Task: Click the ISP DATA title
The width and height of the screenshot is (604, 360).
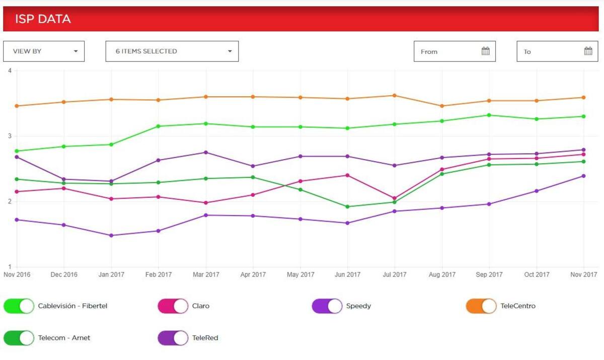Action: coord(43,19)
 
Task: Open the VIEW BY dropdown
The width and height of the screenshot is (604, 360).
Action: coord(44,51)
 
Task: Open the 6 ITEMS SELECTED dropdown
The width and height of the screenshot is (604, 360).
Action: coord(172,51)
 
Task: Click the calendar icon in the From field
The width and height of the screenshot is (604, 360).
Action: coord(485,51)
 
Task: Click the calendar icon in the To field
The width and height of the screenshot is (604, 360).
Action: coord(588,51)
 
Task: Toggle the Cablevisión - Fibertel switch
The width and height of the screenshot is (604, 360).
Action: coord(19,306)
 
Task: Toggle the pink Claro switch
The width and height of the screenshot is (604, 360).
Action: coord(173,306)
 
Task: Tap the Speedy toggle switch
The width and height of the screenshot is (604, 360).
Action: coord(327,306)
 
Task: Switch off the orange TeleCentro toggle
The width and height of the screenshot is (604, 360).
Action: coord(481,306)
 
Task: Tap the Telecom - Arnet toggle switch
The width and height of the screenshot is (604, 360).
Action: coord(19,338)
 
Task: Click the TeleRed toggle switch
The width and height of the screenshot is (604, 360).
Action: coord(173,338)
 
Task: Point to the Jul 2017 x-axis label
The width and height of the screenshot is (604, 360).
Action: coord(395,275)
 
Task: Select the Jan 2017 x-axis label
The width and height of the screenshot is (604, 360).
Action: coord(111,275)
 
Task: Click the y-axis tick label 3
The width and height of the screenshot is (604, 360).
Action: coord(10,136)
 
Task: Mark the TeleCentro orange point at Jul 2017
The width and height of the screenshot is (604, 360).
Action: coord(395,95)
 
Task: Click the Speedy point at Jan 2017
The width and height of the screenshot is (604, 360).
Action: coord(111,235)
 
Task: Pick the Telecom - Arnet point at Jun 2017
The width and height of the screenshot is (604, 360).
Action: coord(347,206)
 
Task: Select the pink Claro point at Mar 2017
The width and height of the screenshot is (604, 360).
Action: coord(206,203)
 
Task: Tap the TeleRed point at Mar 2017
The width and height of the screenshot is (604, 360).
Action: coord(206,152)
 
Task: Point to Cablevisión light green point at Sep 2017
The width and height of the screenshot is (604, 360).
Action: coord(489,115)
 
